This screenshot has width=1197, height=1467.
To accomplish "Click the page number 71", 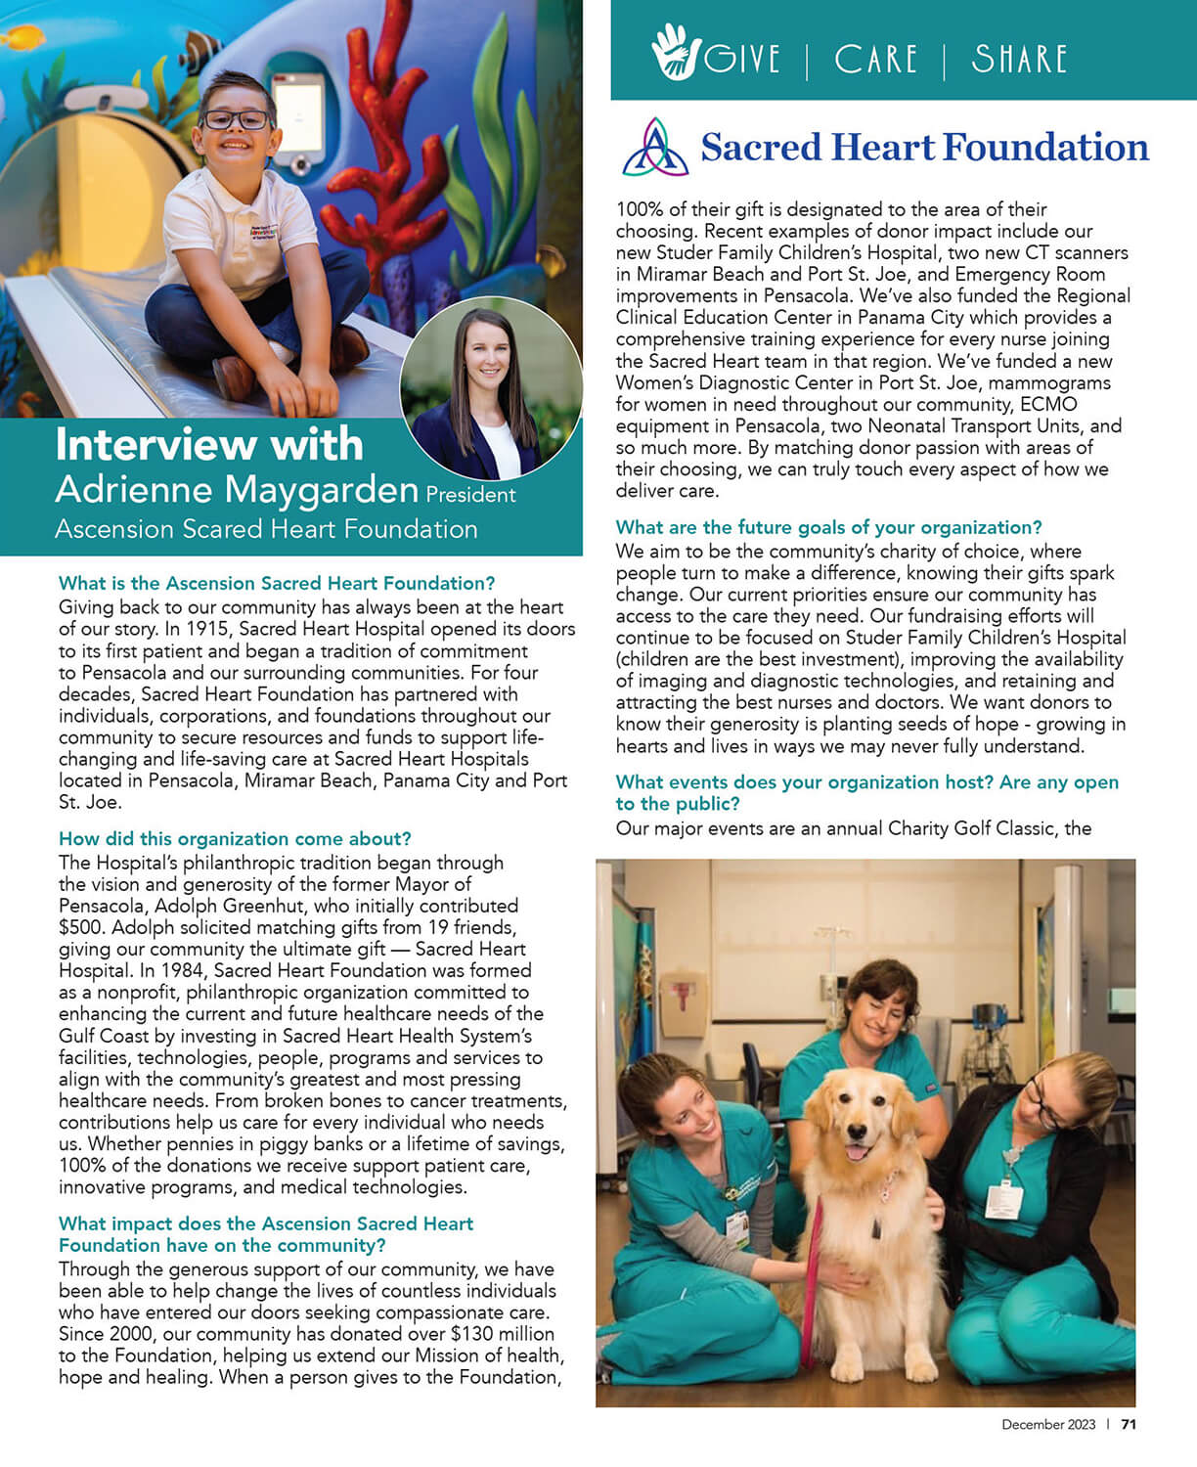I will [x=1129, y=1425].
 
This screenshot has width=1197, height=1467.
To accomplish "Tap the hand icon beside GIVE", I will [x=674, y=53].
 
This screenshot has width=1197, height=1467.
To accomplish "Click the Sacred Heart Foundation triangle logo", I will [x=655, y=148].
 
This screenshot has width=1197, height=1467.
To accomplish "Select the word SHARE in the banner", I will [x=1019, y=60].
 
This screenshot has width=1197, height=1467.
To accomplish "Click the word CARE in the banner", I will [x=875, y=60].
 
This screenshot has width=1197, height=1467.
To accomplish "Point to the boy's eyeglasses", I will [x=236, y=120].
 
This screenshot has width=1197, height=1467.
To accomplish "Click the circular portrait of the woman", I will [x=491, y=388].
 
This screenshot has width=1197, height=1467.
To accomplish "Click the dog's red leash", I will [x=811, y=1281].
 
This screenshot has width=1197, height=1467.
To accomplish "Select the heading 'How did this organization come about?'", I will [x=235, y=839].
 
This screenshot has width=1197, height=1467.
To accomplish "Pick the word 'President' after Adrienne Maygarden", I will [x=470, y=495].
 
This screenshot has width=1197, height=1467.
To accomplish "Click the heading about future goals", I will [x=828, y=527].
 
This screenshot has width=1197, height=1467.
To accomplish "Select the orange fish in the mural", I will [x=24, y=39].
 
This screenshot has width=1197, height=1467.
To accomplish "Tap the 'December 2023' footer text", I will [x=1048, y=1425].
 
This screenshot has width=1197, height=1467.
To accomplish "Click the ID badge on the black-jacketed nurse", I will [x=1002, y=1200].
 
